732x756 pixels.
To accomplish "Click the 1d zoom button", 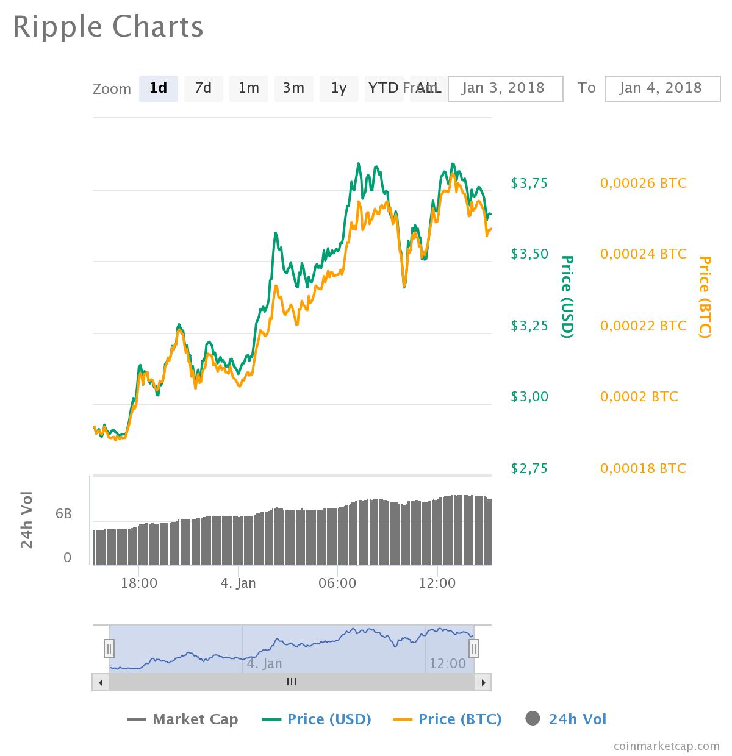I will click(158, 88).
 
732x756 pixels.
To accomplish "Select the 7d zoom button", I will click(203, 88).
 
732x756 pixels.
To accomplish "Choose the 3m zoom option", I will click(293, 88).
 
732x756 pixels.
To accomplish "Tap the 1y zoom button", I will click(339, 88).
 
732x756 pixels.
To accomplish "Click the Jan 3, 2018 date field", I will click(505, 88).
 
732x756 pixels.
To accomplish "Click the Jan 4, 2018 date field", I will click(662, 88).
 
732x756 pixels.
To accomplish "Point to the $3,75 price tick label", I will click(529, 183).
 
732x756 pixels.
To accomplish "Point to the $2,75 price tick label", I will click(529, 468).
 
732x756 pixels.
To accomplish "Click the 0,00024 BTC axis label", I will click(643, 254).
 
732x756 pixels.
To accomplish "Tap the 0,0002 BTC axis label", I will click(639, 397).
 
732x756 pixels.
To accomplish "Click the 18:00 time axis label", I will click(139, 583).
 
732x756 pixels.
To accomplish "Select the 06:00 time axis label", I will click(337, 583).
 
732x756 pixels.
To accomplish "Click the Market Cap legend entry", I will click(183, 719).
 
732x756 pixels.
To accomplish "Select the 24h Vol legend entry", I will click(566, 719).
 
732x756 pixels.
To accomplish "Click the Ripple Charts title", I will click(108, 27).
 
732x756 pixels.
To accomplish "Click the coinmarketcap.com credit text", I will click(666, 745).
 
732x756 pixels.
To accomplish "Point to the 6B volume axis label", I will click(63, 514).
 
